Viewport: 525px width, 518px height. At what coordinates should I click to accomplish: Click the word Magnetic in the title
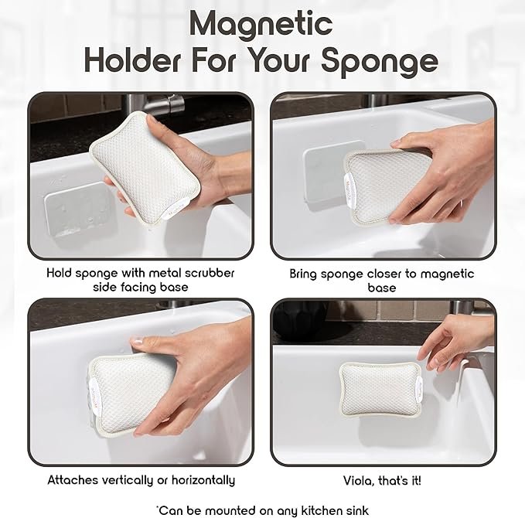click(x=261, y=25)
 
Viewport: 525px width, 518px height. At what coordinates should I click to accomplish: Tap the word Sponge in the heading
click(x=380, y=62)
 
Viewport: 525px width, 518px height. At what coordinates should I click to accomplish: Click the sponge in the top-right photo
click(x=387, y=186)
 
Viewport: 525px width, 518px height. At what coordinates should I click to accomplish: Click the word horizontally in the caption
click(x=203, y=480)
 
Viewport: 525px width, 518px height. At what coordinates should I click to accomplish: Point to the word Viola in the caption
click(x=358, y=481)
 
